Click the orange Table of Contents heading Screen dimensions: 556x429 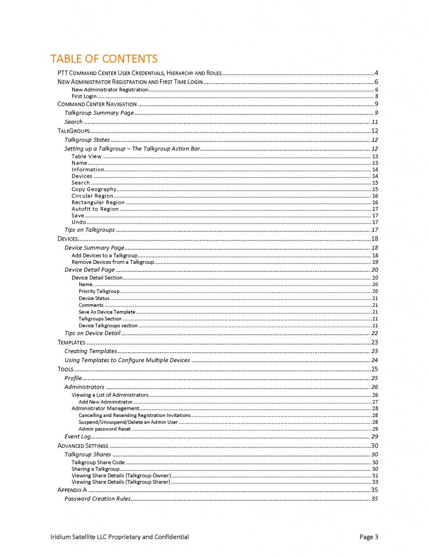click(104, 59)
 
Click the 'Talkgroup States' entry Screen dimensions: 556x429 click(87, 140)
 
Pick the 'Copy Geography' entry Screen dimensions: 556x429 click(94, 189)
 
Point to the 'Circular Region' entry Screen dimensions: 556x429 click(93, 195)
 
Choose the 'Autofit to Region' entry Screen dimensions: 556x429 click(95, 208)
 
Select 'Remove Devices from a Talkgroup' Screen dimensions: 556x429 click(113, 262)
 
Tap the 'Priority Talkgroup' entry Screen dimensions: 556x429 click(99, 291)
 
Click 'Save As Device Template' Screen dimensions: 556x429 click(107, 312)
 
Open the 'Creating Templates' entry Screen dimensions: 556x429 click(91, 351)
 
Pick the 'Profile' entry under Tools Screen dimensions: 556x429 click(73, 377)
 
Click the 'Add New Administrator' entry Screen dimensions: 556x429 click(106, 401)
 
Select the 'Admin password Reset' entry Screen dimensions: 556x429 click(104, 428)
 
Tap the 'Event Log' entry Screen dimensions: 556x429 click(78, 436)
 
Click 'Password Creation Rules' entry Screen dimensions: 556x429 click(98, 498)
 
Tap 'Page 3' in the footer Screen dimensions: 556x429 click(368, 537)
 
